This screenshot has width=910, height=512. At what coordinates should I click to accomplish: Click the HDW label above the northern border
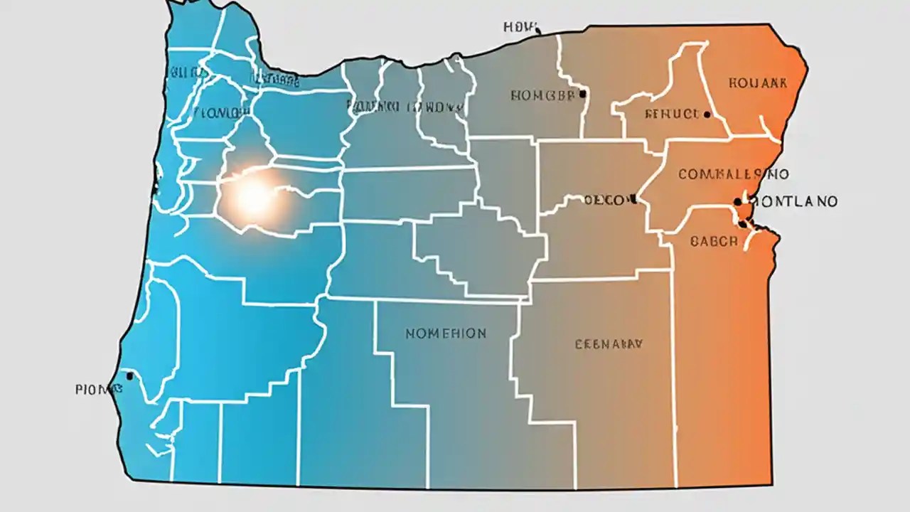click(517, 26)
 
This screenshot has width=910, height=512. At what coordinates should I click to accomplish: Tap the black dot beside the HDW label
click(537, 31)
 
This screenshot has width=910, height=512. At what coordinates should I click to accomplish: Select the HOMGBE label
click(544, 95)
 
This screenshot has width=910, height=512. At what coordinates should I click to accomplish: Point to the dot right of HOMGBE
click(582, 93)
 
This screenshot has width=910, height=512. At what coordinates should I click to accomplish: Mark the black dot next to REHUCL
click(707, 114)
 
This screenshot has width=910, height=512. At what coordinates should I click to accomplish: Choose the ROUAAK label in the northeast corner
click(758, 82)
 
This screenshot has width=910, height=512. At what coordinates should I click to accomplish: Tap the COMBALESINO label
click(733, 174)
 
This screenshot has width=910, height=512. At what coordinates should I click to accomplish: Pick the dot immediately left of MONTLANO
click(738, 202)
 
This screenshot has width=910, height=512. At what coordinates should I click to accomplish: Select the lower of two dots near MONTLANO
click(742, 224)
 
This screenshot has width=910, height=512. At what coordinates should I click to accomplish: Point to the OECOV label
click(606, 201)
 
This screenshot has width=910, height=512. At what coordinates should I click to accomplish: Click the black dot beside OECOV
click(632, 201)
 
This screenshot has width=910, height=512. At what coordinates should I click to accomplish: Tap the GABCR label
click(714, 241)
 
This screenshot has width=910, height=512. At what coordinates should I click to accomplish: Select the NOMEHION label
click(446, 333)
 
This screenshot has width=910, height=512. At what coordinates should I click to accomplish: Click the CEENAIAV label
click(608, 344)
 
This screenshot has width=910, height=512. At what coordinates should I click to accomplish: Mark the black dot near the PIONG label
click(129, 375)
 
